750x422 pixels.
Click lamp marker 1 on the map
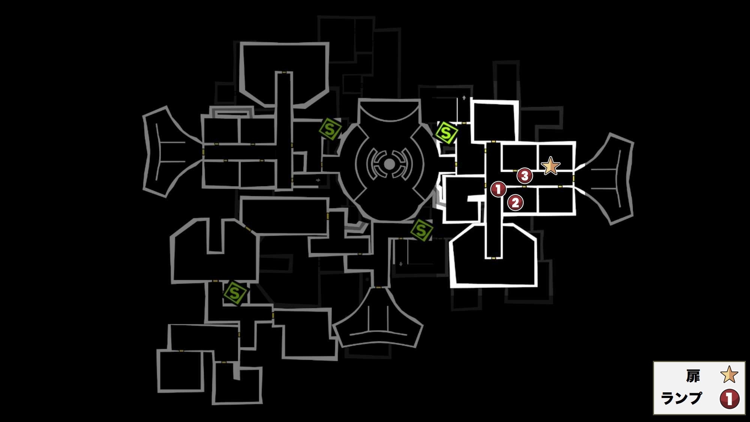point(498,189)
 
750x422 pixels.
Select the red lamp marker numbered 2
point(515,203)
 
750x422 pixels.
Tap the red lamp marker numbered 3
point(525,175)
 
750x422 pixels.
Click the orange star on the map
point(550,166)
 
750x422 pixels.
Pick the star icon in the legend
point(729,374)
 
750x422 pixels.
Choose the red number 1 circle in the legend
point(729,399)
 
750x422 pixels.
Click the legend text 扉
point(693,376)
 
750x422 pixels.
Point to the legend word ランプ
point(681,398)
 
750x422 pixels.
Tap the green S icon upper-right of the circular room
point(446,133)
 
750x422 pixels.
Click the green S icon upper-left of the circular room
point(330,129)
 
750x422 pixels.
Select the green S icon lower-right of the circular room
point(421,230)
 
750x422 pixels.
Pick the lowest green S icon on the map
point(235,293)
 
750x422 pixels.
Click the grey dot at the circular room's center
point(389,164)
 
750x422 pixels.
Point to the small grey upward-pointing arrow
point(464,98)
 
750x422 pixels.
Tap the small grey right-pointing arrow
point(318,180)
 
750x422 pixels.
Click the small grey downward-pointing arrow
point(401,264)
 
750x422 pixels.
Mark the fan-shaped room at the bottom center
point(378,319)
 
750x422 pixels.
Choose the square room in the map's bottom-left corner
point(181,371)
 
